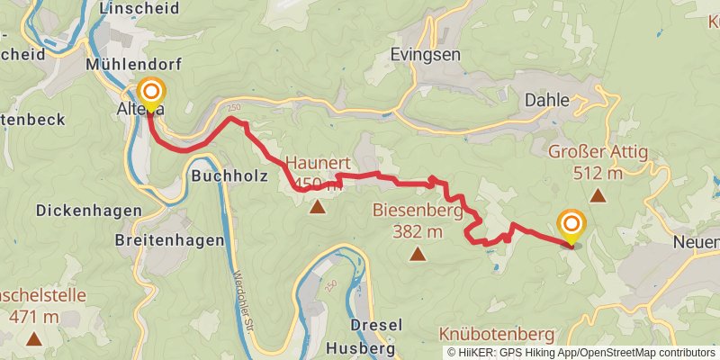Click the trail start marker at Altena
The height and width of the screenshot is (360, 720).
[151, 93]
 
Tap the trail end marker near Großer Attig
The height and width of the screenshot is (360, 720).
[571, 223]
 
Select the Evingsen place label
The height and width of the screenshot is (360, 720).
[426, 55]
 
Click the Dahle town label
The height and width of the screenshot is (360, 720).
[547, 101]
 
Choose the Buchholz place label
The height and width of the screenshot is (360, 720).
[229, 177]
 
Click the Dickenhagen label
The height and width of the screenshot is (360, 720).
[89, 210]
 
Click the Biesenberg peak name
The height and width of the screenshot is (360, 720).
[417, 212]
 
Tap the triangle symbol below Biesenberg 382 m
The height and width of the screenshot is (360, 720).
[417, 255]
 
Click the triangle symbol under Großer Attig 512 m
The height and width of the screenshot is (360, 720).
[597, 194]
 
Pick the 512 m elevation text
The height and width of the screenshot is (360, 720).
[598, 173]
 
